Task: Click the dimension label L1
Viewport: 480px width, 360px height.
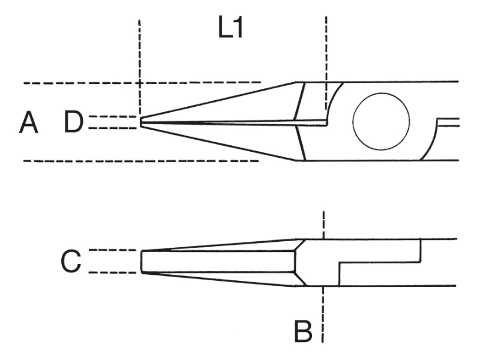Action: click(x=231, y=28)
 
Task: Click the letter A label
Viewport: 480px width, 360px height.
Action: click(x=28, y=122)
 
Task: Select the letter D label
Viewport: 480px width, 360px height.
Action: click(x=73, y=122)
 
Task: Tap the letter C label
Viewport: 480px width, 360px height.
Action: click(x=71, y=261)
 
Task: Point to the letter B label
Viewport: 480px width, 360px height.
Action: click(x=303, y=331)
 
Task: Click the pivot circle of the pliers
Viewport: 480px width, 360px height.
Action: click(x=381, y=122)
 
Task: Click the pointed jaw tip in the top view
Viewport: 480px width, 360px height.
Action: click(x=141, y=122)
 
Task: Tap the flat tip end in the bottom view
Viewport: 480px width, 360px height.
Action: click(x=142, y=261)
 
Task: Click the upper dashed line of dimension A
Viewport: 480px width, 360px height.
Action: click(x=142, y=83)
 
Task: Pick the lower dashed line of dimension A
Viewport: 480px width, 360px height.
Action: click(x=141, y=161)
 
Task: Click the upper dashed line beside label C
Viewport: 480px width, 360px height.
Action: click(x=113, y=250)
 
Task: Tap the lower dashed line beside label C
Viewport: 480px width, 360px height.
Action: click(x=113, y=272)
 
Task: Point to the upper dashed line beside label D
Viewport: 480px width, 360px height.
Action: click(x=112, y=116)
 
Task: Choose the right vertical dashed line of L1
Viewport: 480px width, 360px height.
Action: click(x=326, y=64)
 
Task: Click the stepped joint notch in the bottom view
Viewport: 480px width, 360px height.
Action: click(x=380, y=262)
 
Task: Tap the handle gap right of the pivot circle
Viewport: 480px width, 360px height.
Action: click(x=448, y=122)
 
